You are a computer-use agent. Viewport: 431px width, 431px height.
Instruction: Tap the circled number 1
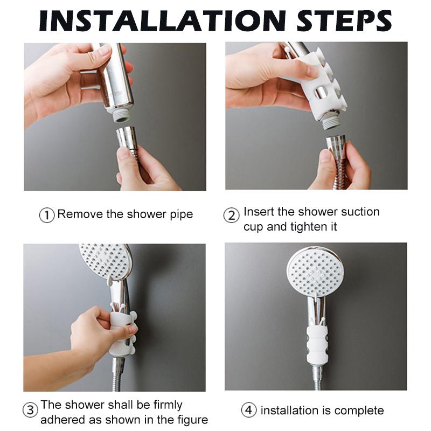tap(47, 215)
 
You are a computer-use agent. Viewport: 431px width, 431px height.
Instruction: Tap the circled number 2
tap(231, 215)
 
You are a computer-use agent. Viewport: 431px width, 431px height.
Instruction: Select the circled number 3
tap(30, 409)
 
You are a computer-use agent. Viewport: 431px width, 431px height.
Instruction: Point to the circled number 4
tap(248, 411)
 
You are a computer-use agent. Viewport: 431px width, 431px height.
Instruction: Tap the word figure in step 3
tap(189, 420)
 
